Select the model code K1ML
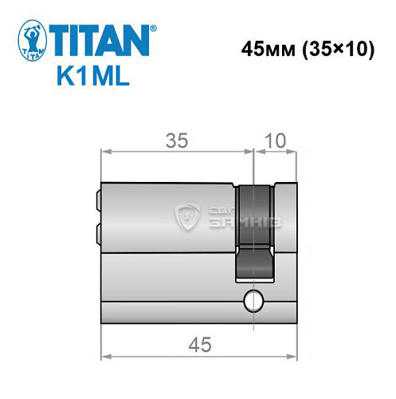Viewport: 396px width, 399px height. click(88, 77)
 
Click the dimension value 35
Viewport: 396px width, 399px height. click(177, 140)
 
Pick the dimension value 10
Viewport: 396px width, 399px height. click(275, 140)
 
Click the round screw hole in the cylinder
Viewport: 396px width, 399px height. click(253, 301)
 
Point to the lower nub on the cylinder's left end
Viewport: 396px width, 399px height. click(98, 232)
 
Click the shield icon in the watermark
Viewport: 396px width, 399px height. click(189, 215)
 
